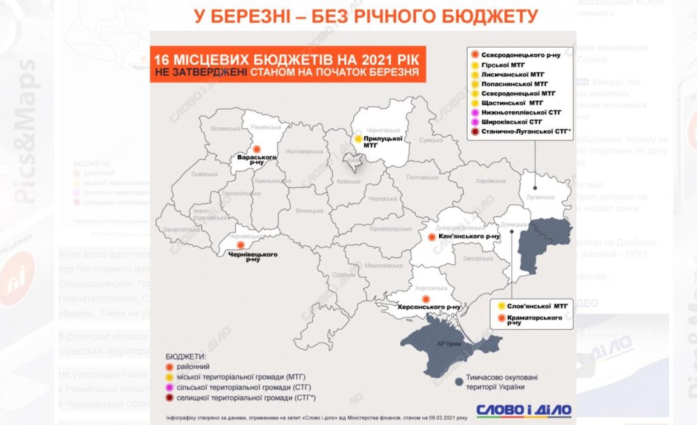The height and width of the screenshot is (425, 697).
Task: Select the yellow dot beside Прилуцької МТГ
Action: click(x=357, y=139)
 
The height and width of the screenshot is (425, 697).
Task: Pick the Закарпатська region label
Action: click(x=179, y=230)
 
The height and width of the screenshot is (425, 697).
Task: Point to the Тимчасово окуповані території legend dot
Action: click(x=460, y=381)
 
